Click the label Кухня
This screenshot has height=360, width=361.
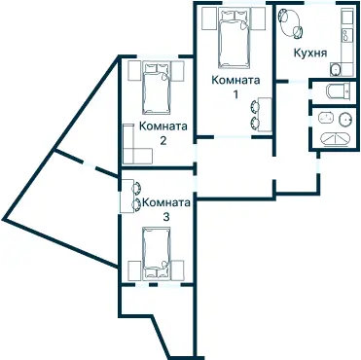tap(310, 54)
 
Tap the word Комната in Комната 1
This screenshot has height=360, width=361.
tap(235, 80)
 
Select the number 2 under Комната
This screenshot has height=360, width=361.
tap(162, 141)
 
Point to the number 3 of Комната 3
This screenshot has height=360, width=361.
tap(166, 217)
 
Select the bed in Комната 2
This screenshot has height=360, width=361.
tap(157, 89)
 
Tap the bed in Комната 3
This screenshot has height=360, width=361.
tap(157, 253)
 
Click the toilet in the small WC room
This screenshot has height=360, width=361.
tap(339, 91)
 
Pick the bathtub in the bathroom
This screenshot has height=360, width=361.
tap(336, 139)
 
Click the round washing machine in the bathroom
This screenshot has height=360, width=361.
tap(345, 120)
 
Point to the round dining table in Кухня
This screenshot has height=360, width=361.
tap(291, 22)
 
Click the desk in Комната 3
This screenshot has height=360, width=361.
tap(127, 196)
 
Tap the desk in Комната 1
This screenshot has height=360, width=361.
tap(265, 115)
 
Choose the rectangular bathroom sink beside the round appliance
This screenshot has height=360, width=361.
tap(327, 118)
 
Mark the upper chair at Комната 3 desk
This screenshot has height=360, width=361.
tap(136, 188)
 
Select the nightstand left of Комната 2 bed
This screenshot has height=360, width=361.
tap(134, 70)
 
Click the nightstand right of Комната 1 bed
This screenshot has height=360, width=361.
tap(259, 18)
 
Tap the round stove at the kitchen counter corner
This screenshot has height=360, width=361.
tap(336, 69)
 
